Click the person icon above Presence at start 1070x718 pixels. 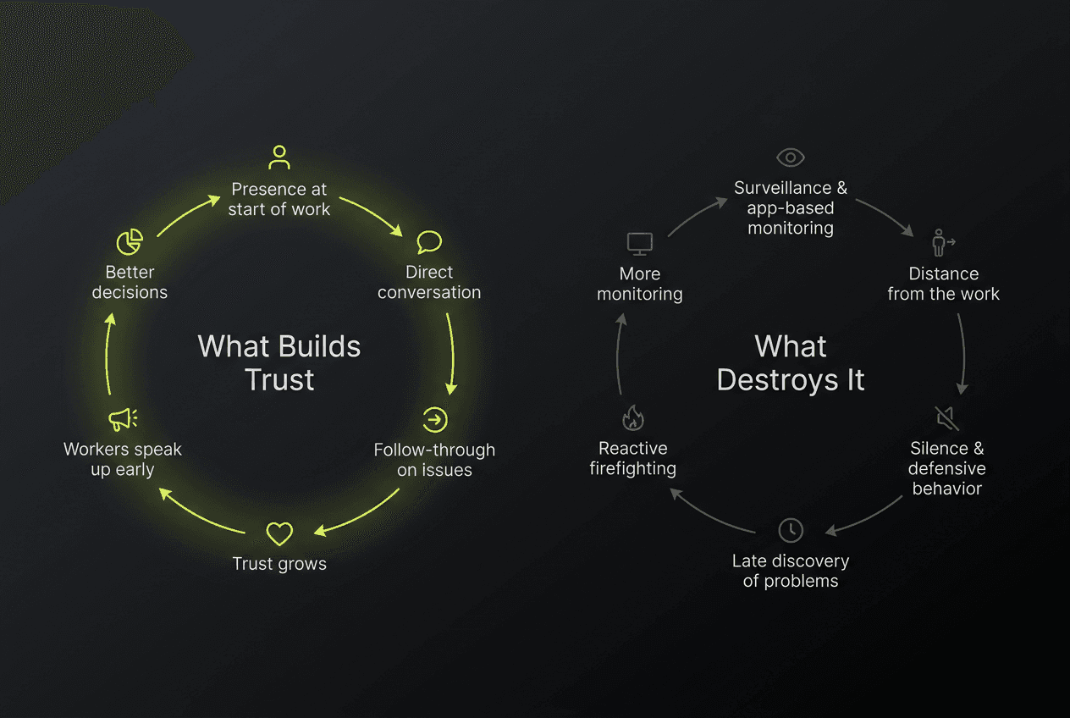(x=279, y=157)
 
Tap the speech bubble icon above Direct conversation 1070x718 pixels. (x=429, y=242)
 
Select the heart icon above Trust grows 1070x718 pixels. (x=279, y=533)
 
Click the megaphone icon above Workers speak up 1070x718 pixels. (x=123, y=419)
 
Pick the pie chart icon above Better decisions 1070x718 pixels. (x=130, y=242)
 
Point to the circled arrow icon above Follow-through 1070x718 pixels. (x=435, y=419)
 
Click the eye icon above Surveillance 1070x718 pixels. (x=790, y=157)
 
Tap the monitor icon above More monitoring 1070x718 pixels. (x=639, y=244)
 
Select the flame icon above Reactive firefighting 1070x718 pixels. (x=632, y=417)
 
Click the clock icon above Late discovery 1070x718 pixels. (x=790, y=530)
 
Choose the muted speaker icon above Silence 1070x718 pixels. (x=946, y=417)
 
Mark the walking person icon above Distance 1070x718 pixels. (x=942, y=243)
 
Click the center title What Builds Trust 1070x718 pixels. (x=279, y=362)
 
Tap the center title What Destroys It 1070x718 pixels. (x=791, y=362)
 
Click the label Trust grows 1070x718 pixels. (x=279, y=564)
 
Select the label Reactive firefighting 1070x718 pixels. (x=632, y=458)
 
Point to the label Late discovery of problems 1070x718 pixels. (x=790, y=571)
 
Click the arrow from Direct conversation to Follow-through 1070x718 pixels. (x=451, y=354)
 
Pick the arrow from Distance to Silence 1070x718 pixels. (x=963, y=354)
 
